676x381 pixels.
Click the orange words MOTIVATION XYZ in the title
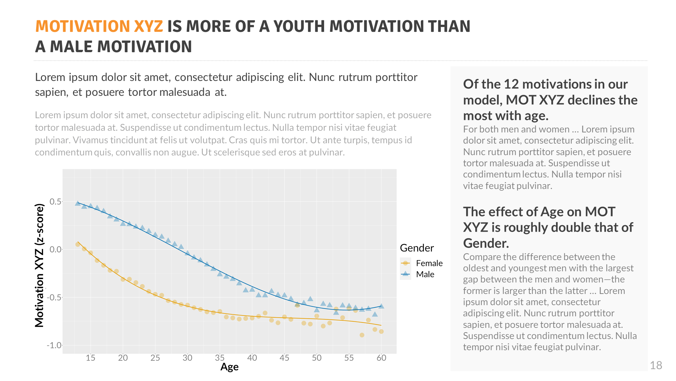point(99,26)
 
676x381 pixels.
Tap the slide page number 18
point(656,365)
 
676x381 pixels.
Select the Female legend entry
point(429,263)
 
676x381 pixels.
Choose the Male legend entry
point(425,274)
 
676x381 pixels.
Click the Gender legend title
point(416,248)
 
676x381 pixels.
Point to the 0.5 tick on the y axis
point(56,202)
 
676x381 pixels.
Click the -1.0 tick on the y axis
point(54,345)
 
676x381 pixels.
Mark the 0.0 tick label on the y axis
point(56,250)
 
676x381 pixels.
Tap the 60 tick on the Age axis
point(381,358)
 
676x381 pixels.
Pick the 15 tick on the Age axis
point(91,358)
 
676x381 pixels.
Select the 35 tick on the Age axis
point(220,358)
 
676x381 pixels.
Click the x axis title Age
point(230,367)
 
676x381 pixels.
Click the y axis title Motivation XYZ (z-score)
point(40,266)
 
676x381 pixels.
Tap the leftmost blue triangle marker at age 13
point(78,203)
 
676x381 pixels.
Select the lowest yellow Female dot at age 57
point(362,335)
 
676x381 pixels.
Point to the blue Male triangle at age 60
point(381,306)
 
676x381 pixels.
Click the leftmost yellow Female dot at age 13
point(78,244)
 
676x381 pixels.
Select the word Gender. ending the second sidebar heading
point(486,244)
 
